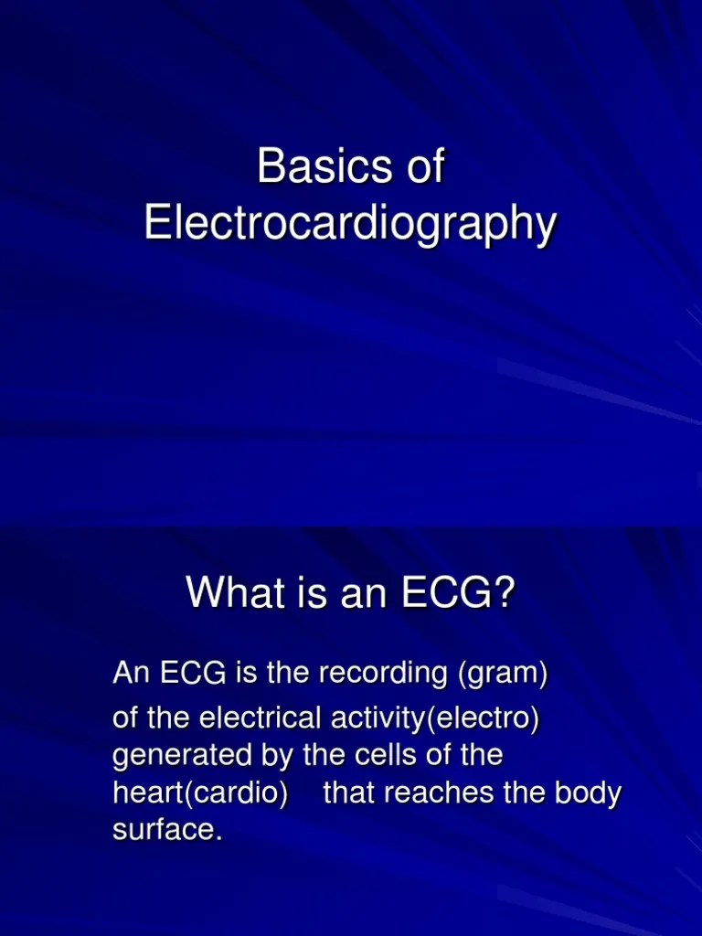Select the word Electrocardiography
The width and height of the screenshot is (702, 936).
[350, 225]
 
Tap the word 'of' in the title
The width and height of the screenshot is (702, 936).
[424, 167]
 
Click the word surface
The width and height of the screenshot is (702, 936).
[166, 831]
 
